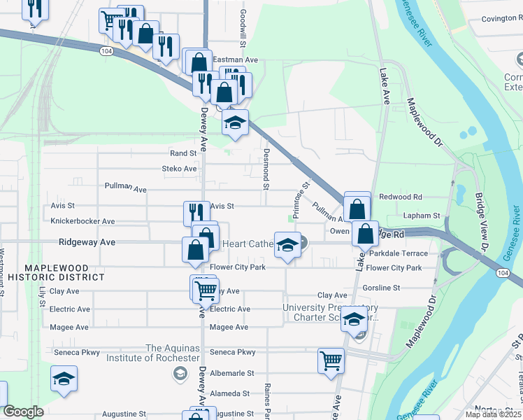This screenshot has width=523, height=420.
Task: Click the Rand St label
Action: point(183,153)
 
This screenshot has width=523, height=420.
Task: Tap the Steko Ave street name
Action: point(180,169)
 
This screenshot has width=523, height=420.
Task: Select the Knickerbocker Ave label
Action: point(83,221)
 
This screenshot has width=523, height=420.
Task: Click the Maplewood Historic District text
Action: point(64,272)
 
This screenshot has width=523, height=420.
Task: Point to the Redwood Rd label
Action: point(401,197)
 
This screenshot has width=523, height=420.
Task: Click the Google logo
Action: point(23,412)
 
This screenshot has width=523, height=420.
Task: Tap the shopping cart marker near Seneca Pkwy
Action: point(331,361)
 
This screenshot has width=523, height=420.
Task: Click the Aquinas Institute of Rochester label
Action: point(173,353)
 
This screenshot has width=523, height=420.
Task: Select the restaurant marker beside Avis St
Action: point(196,212)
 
